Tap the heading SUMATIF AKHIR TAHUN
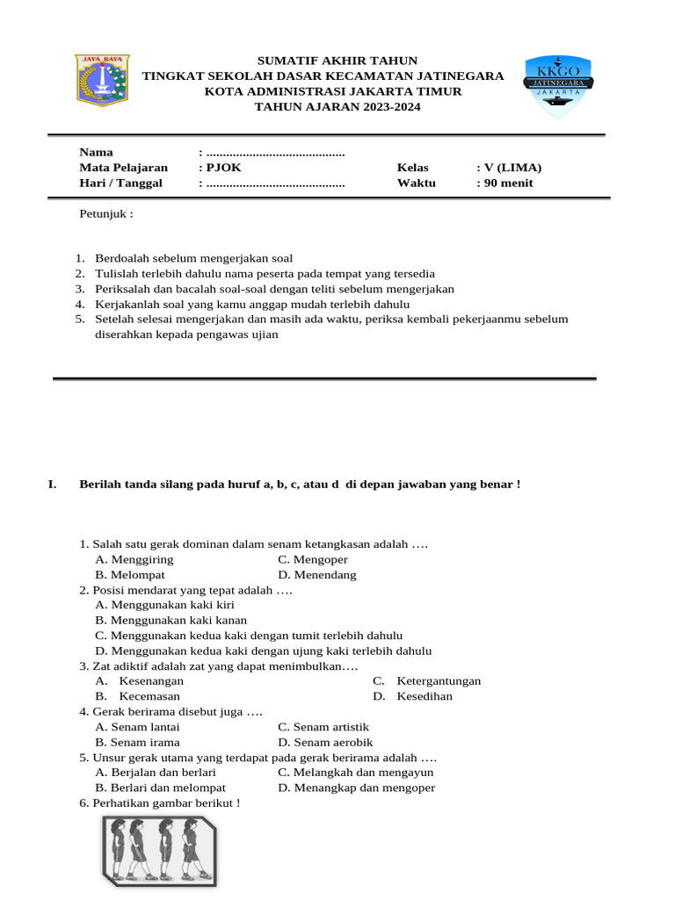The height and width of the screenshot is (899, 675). point(337,60)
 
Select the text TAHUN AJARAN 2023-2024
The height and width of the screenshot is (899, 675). point(337,107)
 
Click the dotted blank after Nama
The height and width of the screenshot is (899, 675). point(275,152)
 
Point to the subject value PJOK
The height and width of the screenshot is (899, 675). point(224,168)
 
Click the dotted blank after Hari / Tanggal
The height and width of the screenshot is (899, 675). point(275,183)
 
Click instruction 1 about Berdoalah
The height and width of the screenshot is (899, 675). point(193,258)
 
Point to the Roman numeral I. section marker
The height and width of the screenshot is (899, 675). point(52,484)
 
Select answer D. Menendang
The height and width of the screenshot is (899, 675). point(317,575)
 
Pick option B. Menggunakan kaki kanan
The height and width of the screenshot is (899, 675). point(171,620)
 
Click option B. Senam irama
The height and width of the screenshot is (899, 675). point(138,742)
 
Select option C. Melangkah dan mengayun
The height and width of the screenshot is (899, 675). point(355,773)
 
